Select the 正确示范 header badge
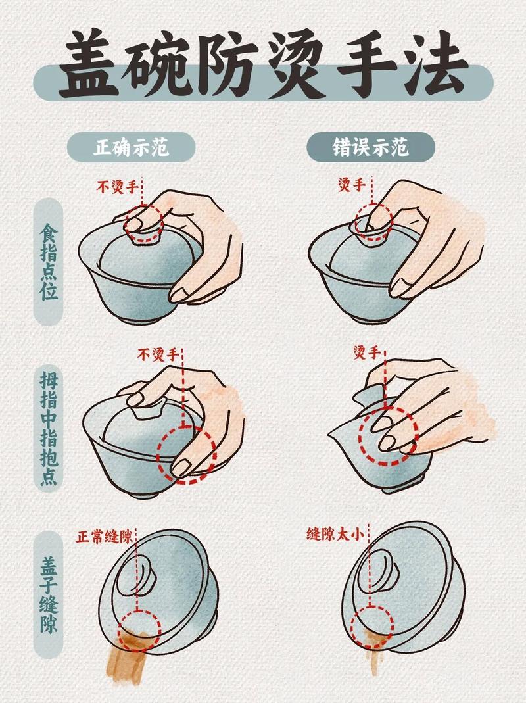[131, 147]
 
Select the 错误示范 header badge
[371, 147]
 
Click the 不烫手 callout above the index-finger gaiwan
[118, 187]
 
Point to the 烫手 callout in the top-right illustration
[351, 185]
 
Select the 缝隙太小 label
[334, 535]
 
